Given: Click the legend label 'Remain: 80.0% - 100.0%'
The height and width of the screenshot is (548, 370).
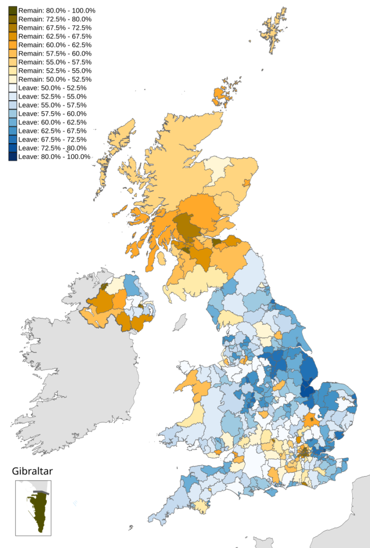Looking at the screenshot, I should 56,11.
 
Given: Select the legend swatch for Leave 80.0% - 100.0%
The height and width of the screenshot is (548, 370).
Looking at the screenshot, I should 13,157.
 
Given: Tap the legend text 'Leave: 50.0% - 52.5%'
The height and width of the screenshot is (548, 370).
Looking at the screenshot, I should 52,88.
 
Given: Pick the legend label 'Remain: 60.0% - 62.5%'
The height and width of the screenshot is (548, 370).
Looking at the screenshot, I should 54,45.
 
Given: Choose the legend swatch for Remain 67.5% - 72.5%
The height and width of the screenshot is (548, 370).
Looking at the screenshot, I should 13,27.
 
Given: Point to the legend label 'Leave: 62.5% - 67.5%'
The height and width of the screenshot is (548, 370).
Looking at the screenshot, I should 52,131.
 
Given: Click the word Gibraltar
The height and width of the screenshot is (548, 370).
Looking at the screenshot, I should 32,471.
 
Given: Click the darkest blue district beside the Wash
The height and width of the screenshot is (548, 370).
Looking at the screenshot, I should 306,388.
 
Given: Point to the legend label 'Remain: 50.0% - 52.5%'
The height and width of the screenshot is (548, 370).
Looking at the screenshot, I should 54,79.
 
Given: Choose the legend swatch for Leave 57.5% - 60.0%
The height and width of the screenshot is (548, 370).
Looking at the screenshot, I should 13,114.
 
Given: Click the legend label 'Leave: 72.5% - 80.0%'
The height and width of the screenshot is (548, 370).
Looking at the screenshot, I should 52,148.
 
